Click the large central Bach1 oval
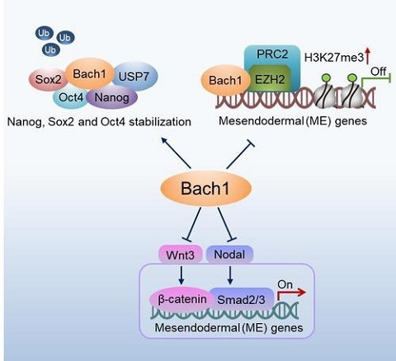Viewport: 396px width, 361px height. [205, 188]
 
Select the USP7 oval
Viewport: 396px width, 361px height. [134, 76]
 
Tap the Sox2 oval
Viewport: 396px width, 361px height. [49, 80]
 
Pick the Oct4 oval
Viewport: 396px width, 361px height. [71, 97]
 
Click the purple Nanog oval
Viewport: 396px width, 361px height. [111, 97]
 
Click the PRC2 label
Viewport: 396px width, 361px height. [272, 54]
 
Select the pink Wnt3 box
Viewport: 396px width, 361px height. [181, 255]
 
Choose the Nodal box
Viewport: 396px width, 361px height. [229, 254]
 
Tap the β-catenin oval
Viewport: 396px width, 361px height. [182, 299]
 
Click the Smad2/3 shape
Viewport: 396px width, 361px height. [241, 299]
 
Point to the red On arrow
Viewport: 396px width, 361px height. [291, 293]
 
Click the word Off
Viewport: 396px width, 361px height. [378, 72]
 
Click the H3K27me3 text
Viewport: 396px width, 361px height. [334, 58]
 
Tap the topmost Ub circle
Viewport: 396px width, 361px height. [44, 33]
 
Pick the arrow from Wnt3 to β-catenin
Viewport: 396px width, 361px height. [181, 275]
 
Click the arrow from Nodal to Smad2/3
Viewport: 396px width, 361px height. [230, 275]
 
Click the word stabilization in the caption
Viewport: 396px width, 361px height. [160, 122]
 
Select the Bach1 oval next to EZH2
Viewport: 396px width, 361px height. [225, 80]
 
